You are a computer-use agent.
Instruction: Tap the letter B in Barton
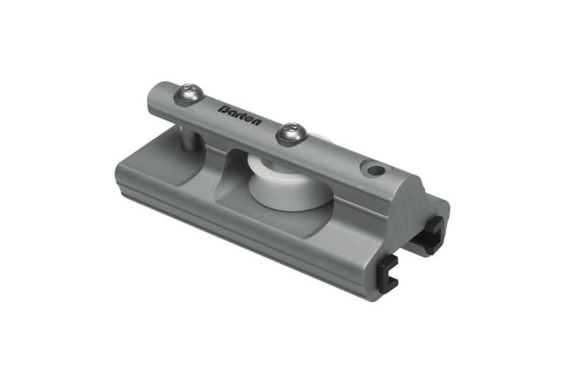223,108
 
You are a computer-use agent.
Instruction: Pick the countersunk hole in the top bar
373,170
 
